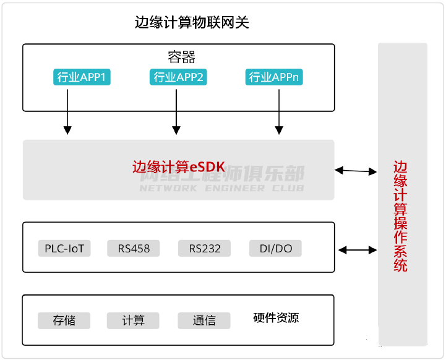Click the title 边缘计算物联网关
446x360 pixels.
click(192, 23)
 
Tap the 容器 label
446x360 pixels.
click(181, 57)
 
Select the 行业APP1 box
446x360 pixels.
click(82, 77)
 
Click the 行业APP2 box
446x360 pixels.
click(178, 77)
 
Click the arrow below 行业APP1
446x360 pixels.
click(67, 111)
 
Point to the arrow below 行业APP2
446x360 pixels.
click(176, 111)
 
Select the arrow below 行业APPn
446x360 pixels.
click(279, 111)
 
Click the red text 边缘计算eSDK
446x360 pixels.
click(178, 166)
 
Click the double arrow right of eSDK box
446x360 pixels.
click(356, 170)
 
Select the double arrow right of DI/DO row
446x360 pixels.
click(358, 250)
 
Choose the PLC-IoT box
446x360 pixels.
click(64, 249)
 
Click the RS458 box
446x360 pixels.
click(134, 249)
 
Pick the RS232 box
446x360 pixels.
click(205, 249)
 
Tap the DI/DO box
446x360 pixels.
click(276, 249)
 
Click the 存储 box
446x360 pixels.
click(64, 320)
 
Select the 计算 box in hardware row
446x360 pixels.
click(133, 320)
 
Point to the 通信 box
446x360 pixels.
click(204, 320)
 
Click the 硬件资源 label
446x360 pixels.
click(276, 318)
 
